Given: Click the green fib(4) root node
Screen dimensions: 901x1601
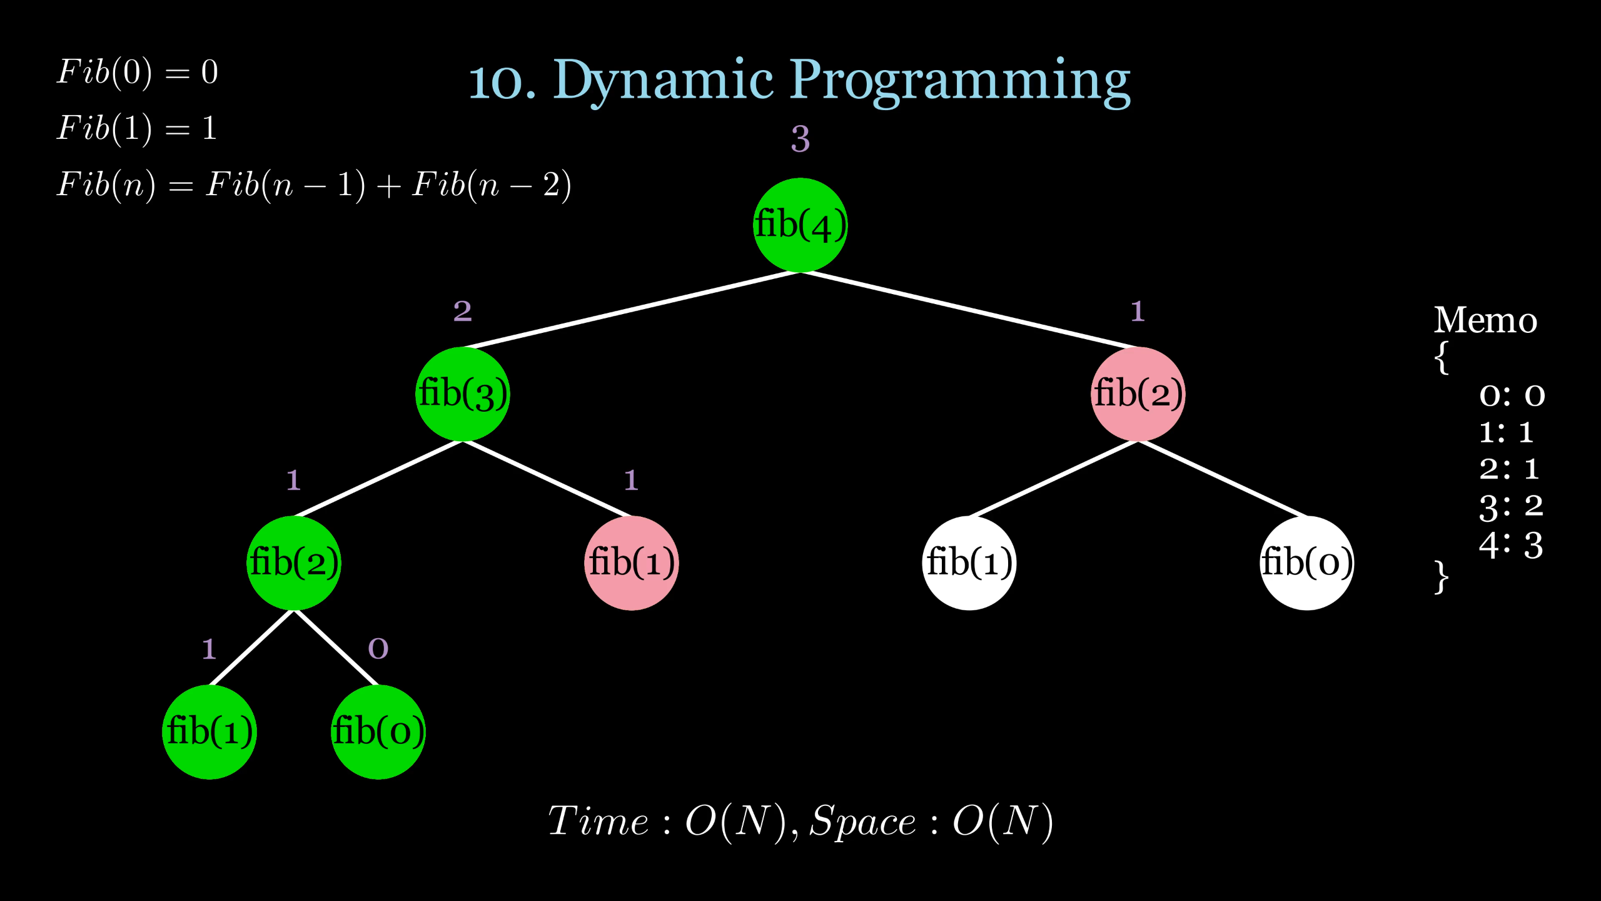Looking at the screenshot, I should click(x=800, y=225).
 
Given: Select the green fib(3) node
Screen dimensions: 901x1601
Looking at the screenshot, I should click(x=463, y=394).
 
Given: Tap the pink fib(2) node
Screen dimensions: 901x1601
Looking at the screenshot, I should click(x=1138, y=394).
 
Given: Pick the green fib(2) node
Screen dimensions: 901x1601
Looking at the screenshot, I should click(x=294, y=563).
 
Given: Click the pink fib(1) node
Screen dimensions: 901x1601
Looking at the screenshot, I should click(x=632, y=563).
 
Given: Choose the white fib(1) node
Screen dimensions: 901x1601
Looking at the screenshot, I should click(x=969, y=563).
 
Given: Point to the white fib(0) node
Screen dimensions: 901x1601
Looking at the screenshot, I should click(x=1306, y=563).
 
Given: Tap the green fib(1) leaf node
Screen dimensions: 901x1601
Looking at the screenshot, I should click(x=210, y=732).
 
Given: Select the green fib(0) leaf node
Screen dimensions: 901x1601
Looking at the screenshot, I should click(x=378, y=732).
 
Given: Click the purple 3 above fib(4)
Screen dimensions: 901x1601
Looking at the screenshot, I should click(x=800, y=139).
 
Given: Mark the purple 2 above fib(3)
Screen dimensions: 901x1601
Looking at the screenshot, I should click(x=462, y=311).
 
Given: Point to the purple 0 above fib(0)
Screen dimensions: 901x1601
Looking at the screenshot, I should click(x=378, y=649).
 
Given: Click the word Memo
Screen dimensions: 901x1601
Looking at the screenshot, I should click(x=1485, y=321).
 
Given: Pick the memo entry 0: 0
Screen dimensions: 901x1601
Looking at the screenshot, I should click(x=1512, y=395).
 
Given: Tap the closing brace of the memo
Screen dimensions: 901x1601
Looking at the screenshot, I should click(x=1442, y=577).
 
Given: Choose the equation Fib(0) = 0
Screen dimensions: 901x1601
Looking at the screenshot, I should click(x=138, y=73).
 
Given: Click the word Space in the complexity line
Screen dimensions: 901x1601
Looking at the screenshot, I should click(x=863, y=821).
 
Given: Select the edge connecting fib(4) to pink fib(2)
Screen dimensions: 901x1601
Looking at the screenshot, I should click(x=969, y=310).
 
